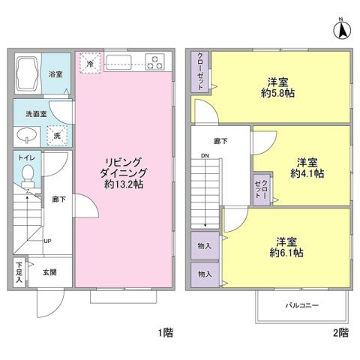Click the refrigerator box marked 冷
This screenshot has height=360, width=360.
click(x=89, y=63)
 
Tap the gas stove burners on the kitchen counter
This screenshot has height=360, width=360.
click(x=155, y=62)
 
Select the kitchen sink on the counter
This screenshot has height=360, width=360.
click(x=119, y=62)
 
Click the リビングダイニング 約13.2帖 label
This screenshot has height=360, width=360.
click(x=124, y=172)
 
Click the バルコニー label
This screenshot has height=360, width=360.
click(x=301, y=306)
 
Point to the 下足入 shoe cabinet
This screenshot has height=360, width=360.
click(x=19, y=271)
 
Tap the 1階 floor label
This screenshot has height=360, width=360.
click(x=166, y=331)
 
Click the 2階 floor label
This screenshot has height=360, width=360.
click(x=340, y=331)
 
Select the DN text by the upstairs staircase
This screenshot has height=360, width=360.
click(x=204, y=156)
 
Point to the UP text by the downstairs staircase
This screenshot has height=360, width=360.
click(x=47, y=241)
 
